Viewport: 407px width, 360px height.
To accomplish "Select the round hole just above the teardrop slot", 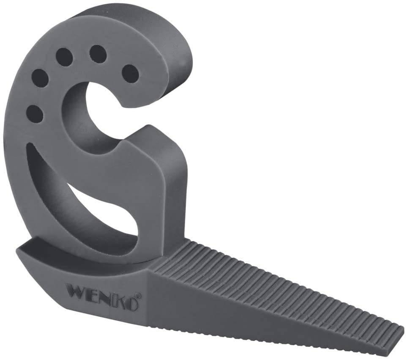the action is pos(35,113).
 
